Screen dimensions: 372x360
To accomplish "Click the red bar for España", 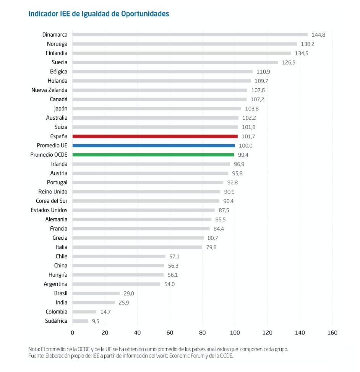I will click(155, 136).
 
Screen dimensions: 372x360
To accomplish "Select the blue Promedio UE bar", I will click(154, 145).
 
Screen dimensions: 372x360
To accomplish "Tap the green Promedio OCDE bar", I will click(153, 154).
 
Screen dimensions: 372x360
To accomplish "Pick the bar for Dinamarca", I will click(190, 34).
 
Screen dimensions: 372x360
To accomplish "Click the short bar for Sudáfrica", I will click(80, 321).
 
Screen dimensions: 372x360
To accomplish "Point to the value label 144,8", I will click(318, 35).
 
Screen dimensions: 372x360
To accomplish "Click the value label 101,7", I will click(249, 136).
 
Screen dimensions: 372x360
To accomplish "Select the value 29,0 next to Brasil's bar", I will click(128, 293).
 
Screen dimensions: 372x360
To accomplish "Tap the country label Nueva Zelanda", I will click(49, 90).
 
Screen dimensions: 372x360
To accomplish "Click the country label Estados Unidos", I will click(49, 210).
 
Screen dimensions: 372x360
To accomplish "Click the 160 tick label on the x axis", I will click(332, 333).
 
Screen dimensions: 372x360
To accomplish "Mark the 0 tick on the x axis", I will click(72, 333).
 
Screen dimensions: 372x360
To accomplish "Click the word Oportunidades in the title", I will click(145, 14).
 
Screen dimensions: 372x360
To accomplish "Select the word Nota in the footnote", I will click(34, 349).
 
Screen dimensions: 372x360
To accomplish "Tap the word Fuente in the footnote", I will click(36, 356).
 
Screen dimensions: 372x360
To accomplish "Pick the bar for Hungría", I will click(118, 275).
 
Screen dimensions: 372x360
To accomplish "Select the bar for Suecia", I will click(175, 62).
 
